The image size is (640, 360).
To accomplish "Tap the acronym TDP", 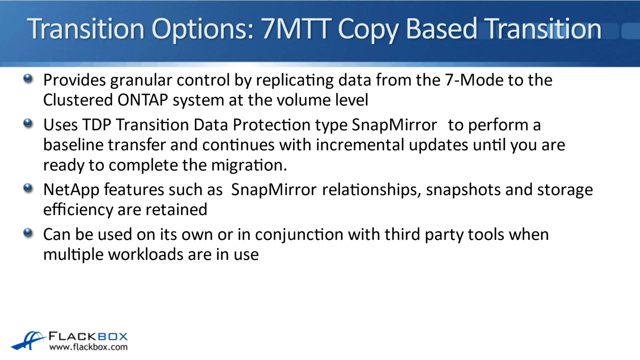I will pyautogui.click(x=97, y=125).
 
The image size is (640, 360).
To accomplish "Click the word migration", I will pyautogui.click(x=248, y=165).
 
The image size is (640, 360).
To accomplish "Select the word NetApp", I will pyautogui.click(x=71, y=190).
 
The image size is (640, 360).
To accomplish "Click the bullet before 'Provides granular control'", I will pyautogui.click(x=28, y=79).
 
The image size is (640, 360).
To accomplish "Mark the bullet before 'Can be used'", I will pyautogui.click(x=28, y=233).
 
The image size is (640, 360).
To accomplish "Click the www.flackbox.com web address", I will pyautogui.click(x=88, y=347).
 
